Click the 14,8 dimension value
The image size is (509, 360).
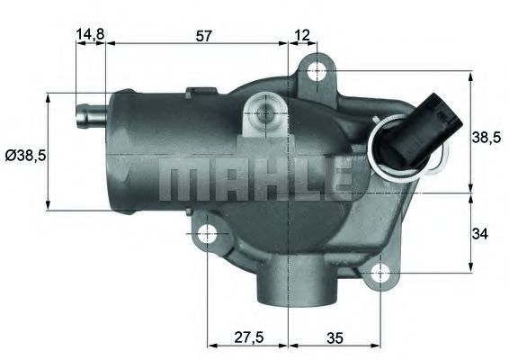(x=91, y=35)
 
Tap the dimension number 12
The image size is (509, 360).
(x=302, y=35)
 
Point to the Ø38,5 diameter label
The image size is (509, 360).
(x=25, y=155)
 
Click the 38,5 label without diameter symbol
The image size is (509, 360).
(x=486, y=137)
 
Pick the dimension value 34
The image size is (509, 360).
(x=480, y=234)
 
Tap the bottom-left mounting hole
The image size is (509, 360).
(x=208, y=235)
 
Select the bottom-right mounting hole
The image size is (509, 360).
(x=380, y=271)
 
